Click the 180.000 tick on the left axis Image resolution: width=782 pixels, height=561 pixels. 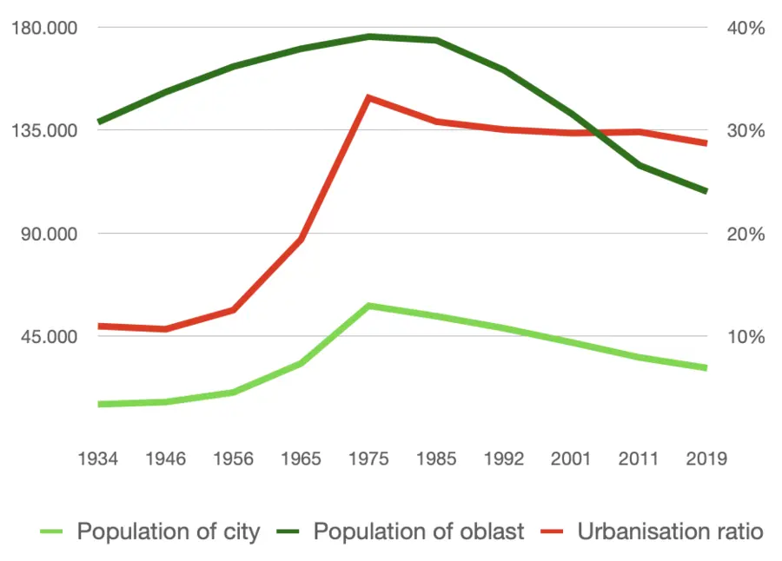click(43, 28)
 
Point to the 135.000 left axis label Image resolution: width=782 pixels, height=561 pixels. click(43, 131)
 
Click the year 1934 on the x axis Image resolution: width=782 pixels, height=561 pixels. click(98, 459)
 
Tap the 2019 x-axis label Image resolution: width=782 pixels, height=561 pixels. click(706, 459)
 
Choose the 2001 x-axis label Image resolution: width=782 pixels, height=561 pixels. click(571, 459)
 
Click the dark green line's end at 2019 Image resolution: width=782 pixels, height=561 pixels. click(706, 191)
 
